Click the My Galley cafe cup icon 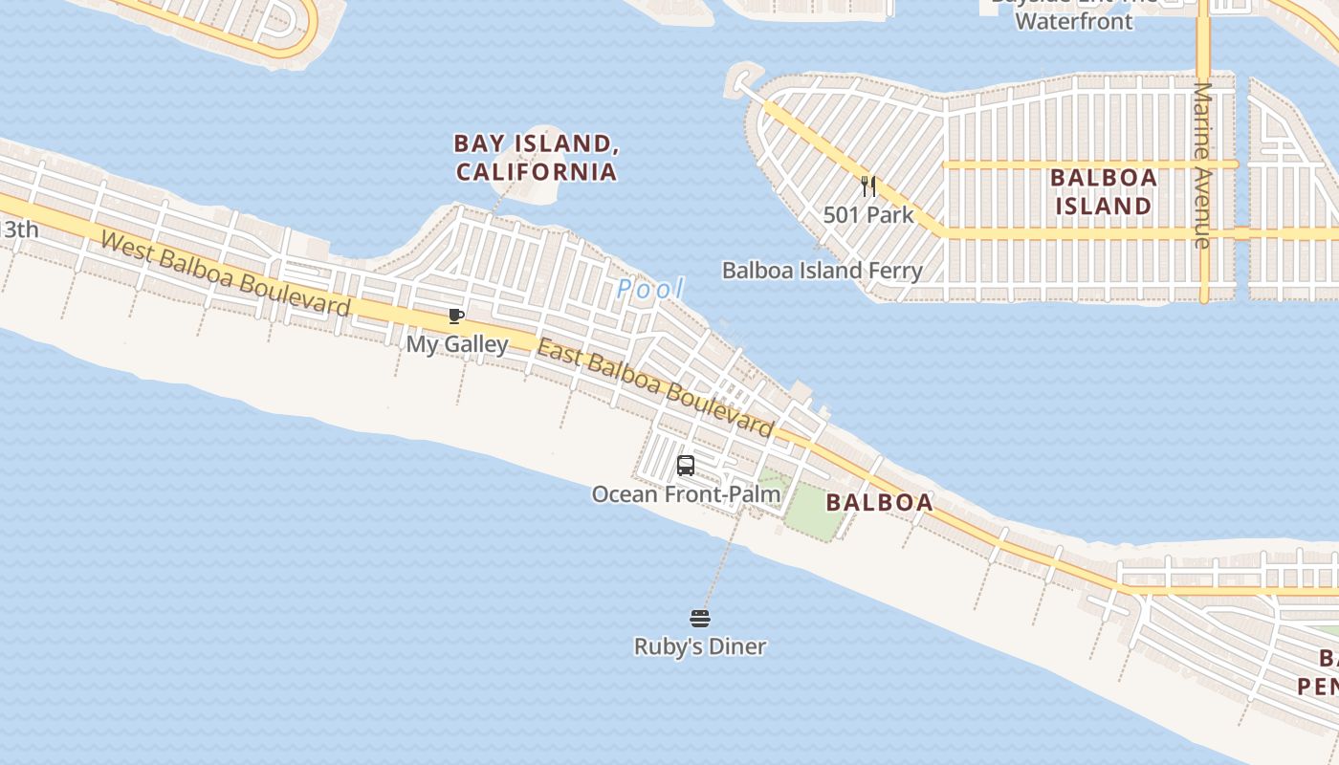click(x=456, y=317)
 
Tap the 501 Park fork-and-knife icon click(x=868, y=186)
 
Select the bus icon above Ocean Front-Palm click(x=686, y=467)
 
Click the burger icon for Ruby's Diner click(x=700, y=619)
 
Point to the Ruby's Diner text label click(x=700, y=647)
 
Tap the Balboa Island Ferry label click(x=822, y=271)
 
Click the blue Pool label click(x=650, y=288)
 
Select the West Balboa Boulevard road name click(x=225, y=274)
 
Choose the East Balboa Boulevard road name click(x=654, y=387)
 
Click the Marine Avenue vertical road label click(x=1202, y=164)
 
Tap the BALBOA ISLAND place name click(x=1103, y=191)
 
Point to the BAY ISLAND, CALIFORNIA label click(x=536, y=158)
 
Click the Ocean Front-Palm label click(x=686, y=494)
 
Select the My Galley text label click(x=457, y=344)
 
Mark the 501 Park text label click(x=868, y=215)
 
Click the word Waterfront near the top click(x=1073, y=21)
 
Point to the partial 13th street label click(x=19, y=229)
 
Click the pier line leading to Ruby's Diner click(x=725, y=555)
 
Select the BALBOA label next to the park click(x=879, y=502)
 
